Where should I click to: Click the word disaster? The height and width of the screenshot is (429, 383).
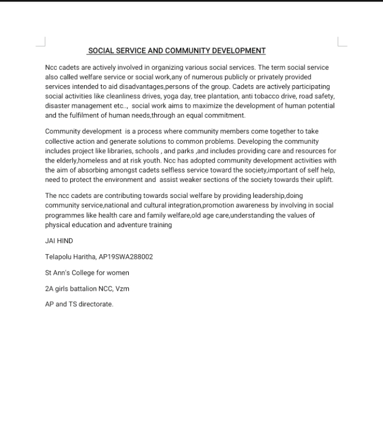(58, 106)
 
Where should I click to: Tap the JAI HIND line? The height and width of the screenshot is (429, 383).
(59, 241)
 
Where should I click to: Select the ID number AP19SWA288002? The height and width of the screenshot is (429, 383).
(125, 257)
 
